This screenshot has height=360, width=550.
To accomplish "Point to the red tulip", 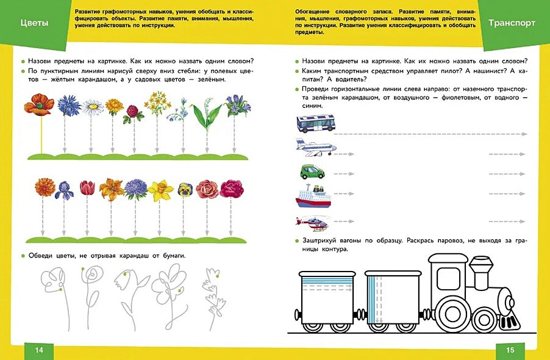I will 87,187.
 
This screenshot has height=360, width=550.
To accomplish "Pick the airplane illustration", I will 315,146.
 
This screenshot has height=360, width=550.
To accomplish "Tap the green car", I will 313,171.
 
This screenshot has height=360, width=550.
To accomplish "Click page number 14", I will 40,350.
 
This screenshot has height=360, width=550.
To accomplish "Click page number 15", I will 510,350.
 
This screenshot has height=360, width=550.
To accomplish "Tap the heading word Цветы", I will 34,23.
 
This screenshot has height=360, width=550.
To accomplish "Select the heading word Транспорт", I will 512,23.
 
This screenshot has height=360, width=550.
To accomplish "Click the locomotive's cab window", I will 449,277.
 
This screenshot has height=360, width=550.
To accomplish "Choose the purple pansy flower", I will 184,190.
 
